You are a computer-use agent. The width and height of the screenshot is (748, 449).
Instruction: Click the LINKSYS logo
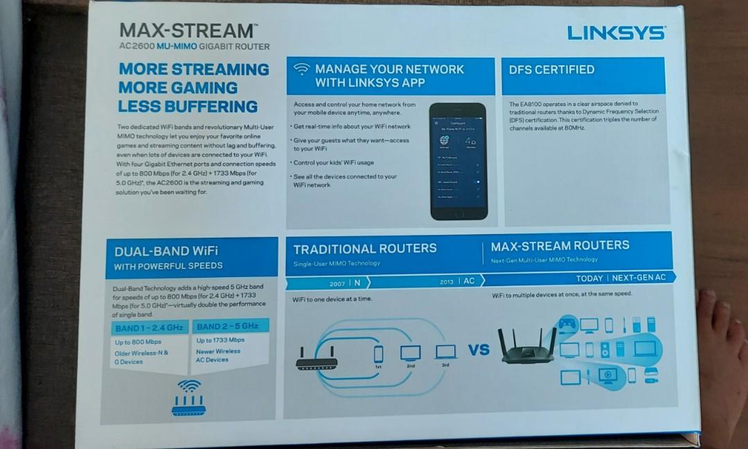click(x=616, y=33)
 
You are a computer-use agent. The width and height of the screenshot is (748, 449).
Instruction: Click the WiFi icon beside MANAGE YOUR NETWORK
click(x=301, y=69)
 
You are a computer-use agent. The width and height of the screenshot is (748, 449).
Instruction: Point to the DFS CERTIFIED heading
click(x=551, y=69)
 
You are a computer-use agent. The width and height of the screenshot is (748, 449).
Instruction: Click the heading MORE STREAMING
click(x=193, y=69)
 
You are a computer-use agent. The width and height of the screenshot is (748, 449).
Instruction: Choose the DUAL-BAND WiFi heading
click(x=166, y=251)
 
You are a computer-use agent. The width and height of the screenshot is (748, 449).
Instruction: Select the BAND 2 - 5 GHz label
click(x=227, y=326)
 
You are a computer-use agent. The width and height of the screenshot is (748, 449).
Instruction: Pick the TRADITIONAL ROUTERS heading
click(x=365, y=249)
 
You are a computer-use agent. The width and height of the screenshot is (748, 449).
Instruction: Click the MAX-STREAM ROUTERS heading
click(x=560, y=245)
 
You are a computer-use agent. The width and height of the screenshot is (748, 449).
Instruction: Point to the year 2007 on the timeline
click(x=337, y=283)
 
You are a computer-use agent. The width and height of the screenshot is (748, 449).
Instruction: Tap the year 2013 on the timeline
click(x=446, y=281)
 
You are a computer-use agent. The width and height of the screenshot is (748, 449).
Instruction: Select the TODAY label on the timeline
click(x=589, y=278)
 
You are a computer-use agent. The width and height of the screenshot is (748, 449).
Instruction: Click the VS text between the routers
click(x=478, y=349)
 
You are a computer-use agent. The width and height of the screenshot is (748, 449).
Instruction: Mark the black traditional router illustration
click(x=316, y=358)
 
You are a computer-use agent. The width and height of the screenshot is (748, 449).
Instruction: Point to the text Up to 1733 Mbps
click(x=220, y=340)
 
